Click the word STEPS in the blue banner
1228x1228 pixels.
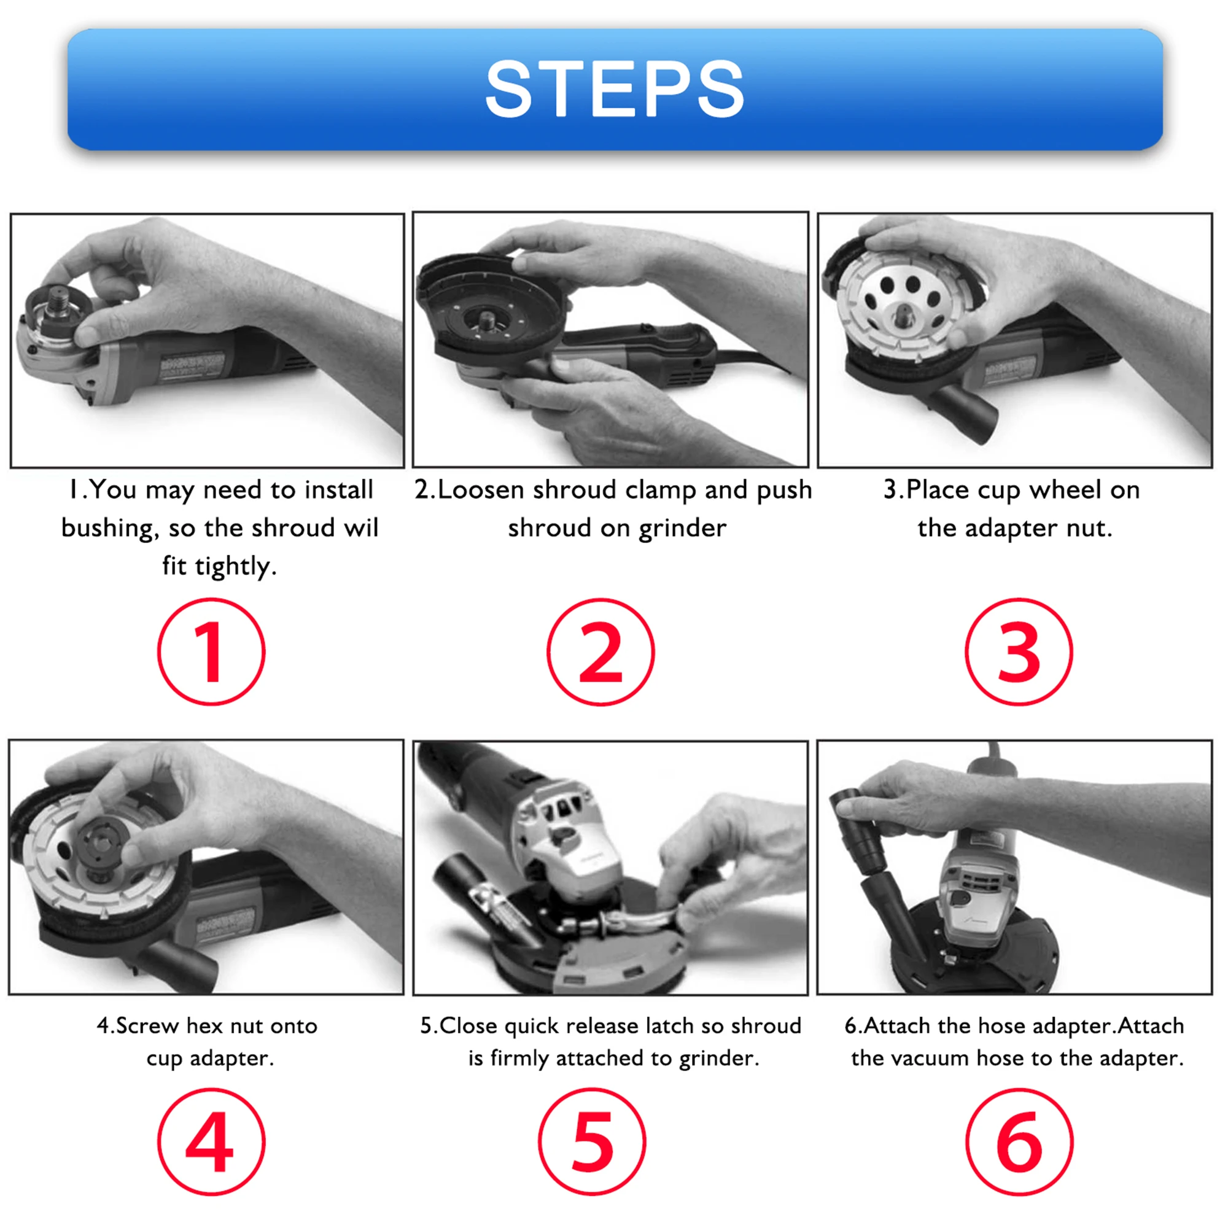(614, 89)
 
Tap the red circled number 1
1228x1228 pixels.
(211, 651)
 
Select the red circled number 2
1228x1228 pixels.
(600, 651)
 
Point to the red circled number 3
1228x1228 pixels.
(1019, 651)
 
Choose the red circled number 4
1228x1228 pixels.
(211, 1141)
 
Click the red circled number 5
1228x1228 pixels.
(592, 1141)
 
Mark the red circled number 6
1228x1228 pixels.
(1019, 1141)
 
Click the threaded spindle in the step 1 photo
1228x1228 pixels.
(61, 300)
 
